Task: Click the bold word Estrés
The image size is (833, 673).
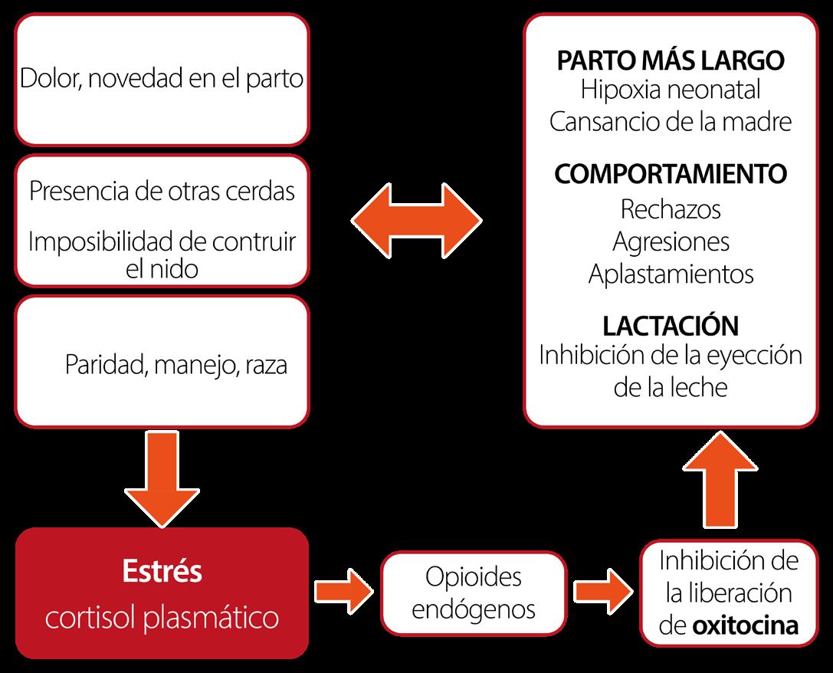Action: pos(161,572)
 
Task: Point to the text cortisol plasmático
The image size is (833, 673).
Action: pos(161,618)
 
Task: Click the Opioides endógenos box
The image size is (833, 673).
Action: pos(473,592)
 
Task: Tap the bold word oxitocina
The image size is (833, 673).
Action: pos(745,626)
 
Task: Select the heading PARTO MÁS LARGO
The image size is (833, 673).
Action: pos(670,61)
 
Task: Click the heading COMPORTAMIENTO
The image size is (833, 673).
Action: pos(670,174)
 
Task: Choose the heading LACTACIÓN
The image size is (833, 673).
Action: pos(670,326)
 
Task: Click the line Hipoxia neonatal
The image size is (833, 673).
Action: pos(670,90)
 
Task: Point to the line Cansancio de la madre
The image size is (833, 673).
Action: pos(670,122)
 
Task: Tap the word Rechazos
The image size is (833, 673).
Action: pos(670,208)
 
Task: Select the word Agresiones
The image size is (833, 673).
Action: pos(670,241)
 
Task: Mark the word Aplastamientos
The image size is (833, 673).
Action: pos(670,274)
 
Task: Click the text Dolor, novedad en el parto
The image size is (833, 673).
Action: pos(161,78)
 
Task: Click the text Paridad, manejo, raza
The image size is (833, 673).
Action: pos(175,365)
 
